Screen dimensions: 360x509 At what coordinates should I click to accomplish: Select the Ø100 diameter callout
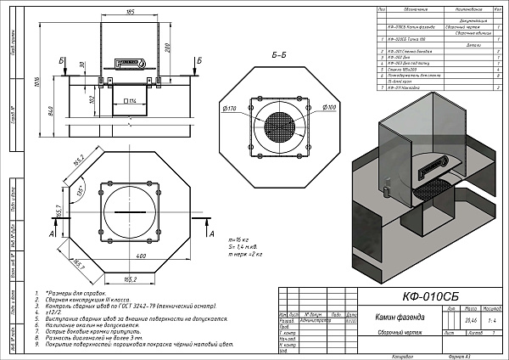click(x=330, y=108)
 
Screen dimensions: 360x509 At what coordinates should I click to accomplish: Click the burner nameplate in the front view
click(x=131, y=64)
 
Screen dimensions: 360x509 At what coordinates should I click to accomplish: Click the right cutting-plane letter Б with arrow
click(x=199, y=62)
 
